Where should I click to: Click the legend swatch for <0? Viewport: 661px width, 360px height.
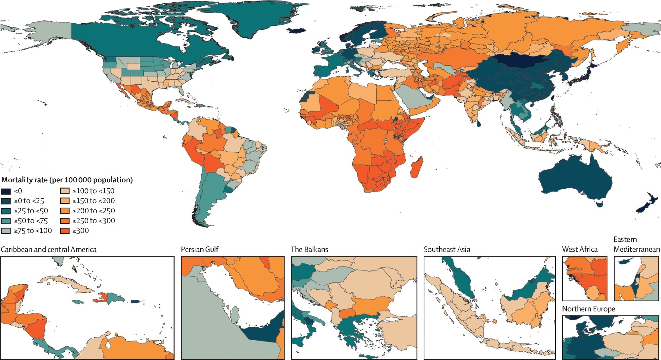(6, 191)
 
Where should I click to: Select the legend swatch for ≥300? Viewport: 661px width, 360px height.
(65, 231)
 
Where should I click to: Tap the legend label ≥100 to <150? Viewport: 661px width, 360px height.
(93, 191)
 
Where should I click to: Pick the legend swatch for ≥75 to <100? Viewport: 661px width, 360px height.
(6, 231)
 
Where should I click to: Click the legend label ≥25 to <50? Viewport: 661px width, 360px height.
(31, 211)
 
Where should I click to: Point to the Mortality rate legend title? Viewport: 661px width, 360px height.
(67, 180)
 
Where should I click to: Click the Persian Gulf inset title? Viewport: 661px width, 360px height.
(199, 249)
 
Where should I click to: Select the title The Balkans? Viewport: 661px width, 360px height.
(309, 249)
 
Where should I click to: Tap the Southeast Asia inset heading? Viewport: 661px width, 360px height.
(447, 249)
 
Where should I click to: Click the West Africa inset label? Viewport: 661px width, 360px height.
(580, 249)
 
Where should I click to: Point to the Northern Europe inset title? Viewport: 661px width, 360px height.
(588, 309)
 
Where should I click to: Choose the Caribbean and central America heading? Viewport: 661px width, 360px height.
(49, 249)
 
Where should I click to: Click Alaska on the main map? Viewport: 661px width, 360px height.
(50, 33)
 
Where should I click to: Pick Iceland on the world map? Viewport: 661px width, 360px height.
(296, 30)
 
